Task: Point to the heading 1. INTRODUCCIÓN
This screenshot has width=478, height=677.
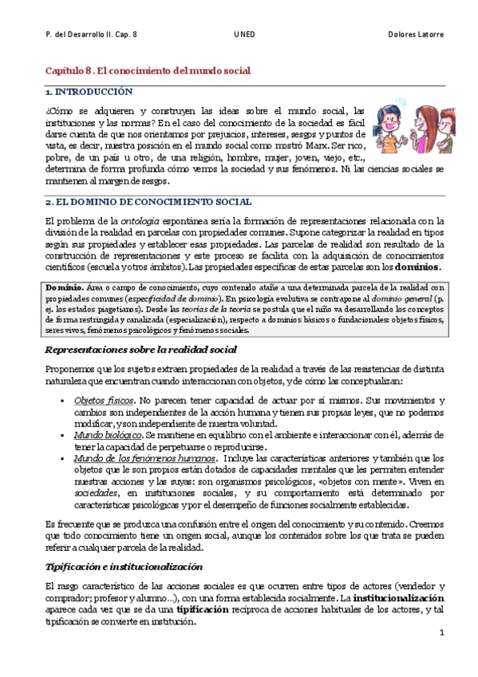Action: click(x=89, y=93)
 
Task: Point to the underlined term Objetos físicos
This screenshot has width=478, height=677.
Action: click(x=103, y=398)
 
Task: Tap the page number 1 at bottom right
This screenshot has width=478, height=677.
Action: click(x=440, y=632)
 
